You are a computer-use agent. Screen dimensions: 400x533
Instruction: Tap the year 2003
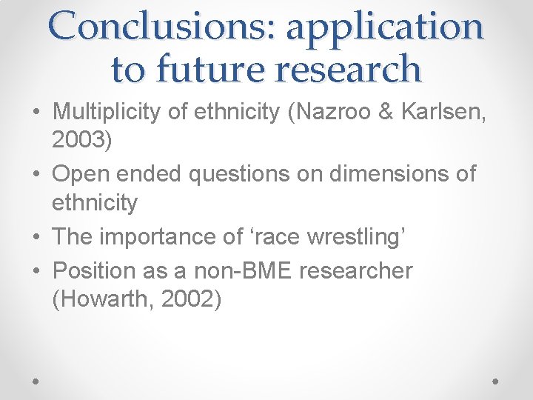[82, 140]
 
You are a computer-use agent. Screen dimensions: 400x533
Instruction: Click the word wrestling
[346, 237]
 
